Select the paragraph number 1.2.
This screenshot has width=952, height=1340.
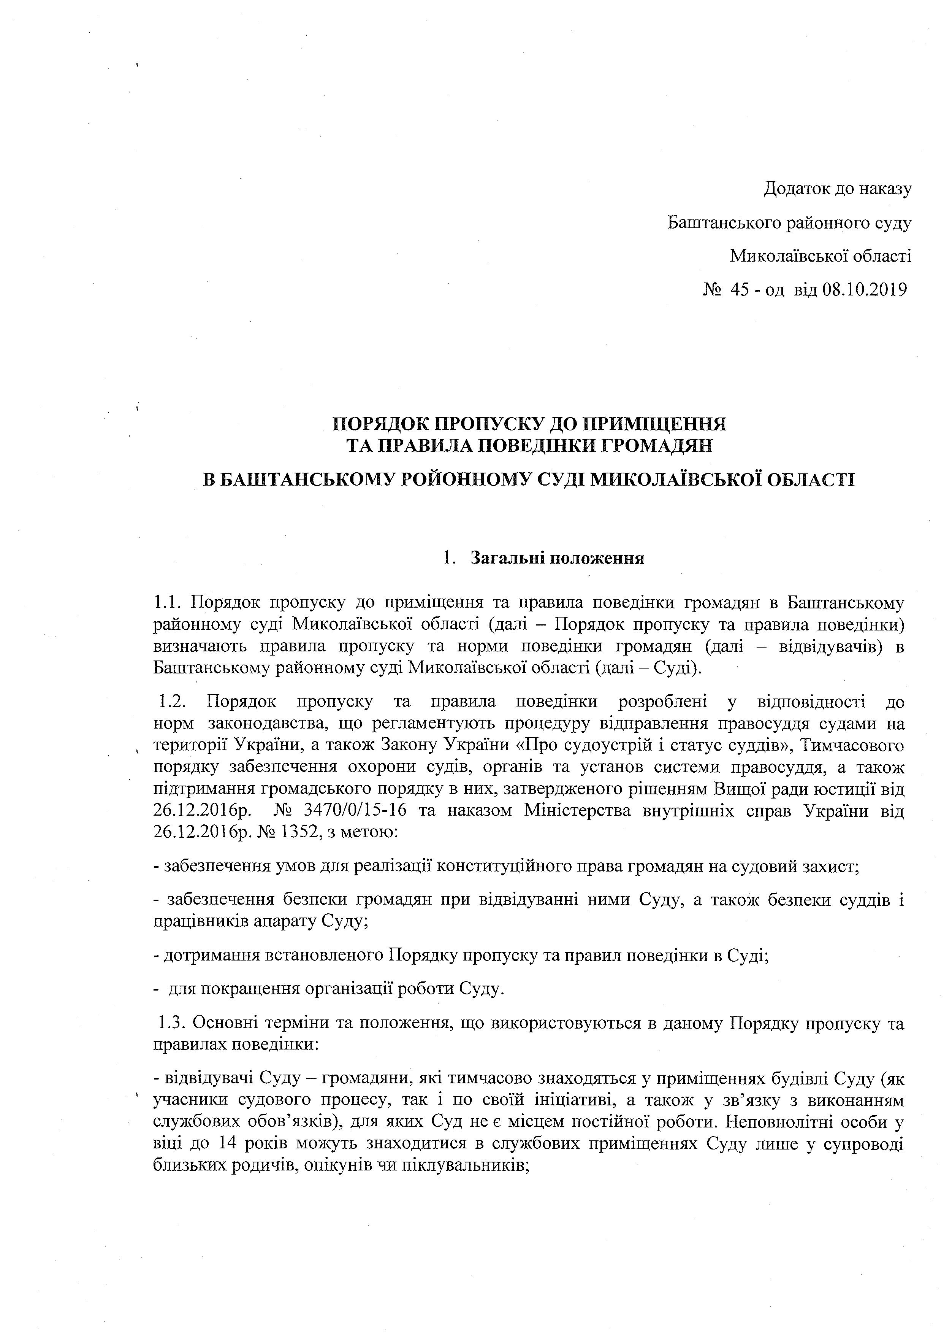pos(174,702)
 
